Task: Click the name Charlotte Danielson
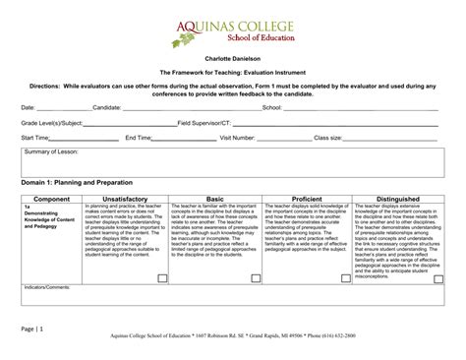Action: point(233,60)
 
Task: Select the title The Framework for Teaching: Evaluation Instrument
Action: point(233,74)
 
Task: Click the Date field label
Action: point(29,108)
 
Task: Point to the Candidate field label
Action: point(106,108)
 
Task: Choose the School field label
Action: point(271,108)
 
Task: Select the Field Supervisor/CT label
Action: point(204,123)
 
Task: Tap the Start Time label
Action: point(35,138)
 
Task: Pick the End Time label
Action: point(139,138)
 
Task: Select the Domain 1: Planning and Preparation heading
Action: point(87,183)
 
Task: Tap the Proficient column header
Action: point(307,199)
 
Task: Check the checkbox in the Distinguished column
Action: point(436,278)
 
